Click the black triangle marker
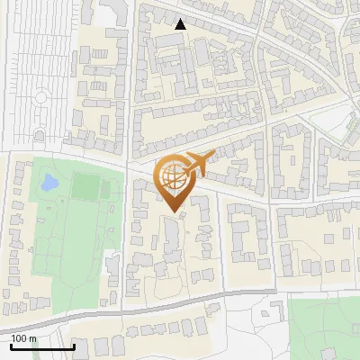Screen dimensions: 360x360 (181, 24)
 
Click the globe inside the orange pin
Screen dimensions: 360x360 (174, 175)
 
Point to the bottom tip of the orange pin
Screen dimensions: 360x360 (173, 211)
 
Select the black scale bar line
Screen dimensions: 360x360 (41, 346)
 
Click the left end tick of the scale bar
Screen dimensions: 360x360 (10, 345)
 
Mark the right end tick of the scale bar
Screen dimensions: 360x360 (74, 345)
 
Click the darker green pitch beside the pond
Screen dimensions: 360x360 (87, 188)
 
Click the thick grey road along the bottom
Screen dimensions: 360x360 (135, 309)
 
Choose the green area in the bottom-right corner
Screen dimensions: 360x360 (324, 328)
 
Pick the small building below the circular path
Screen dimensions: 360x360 (40, 135)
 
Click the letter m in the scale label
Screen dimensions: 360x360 (32, 338)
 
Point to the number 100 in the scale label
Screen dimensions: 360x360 (19, 338)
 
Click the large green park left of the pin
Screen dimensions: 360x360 (67, 234)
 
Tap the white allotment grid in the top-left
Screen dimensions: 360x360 (36, 63)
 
